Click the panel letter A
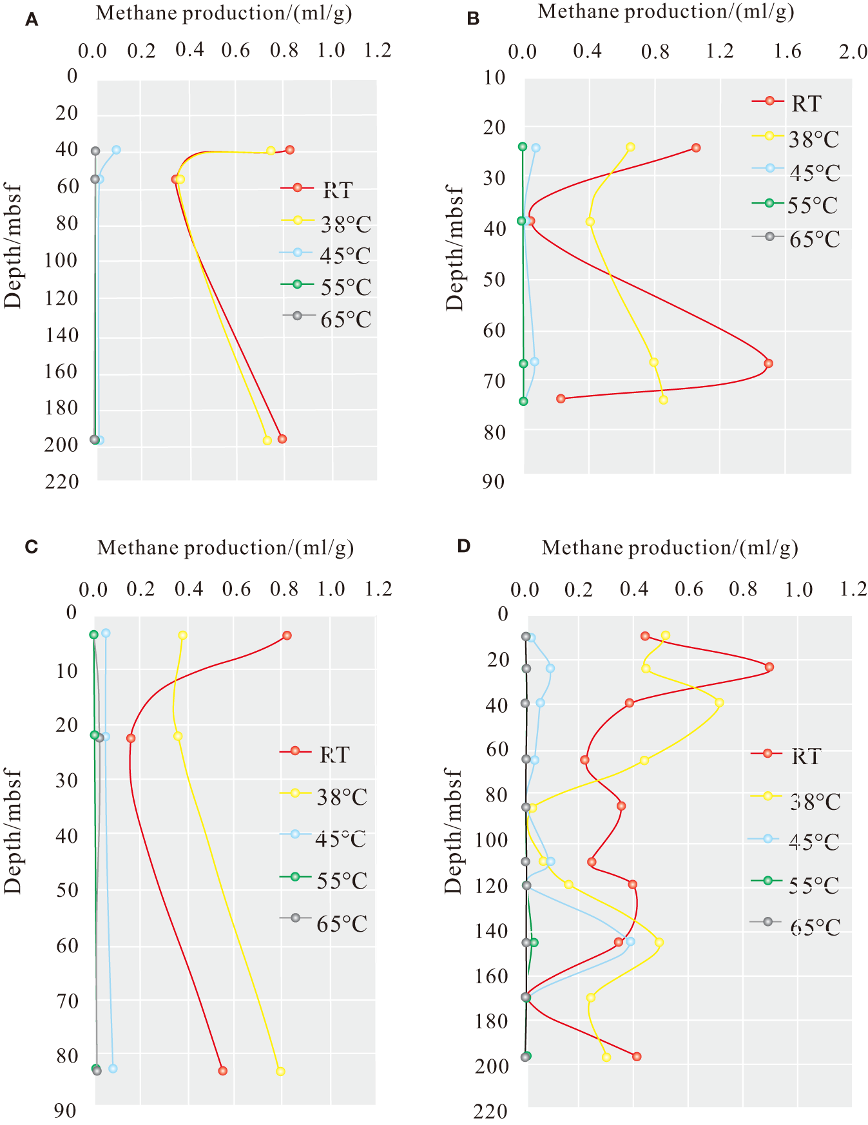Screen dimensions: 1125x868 [32, 20]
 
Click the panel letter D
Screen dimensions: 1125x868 [464, 546]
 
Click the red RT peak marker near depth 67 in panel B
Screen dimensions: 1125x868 [768, 363]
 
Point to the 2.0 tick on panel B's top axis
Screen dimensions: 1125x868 [853, 52]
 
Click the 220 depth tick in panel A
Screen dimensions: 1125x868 [62, 481]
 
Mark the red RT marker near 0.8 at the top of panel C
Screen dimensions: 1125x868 [287, 635]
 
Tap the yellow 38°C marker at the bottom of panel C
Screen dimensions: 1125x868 [280, 1071]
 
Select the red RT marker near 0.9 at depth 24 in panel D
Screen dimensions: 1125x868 [769, 667]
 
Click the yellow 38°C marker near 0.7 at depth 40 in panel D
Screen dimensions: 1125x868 [719, 702]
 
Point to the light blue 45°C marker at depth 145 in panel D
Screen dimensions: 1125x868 [630, 941]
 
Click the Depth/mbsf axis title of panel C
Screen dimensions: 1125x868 [13, 831]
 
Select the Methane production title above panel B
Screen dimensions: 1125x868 [666, 12]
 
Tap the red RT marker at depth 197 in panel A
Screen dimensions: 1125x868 [282, 439]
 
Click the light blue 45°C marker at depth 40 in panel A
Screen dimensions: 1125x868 [117, 149]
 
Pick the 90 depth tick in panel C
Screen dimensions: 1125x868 [64, 1110]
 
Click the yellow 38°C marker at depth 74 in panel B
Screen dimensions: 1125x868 [663, 399]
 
